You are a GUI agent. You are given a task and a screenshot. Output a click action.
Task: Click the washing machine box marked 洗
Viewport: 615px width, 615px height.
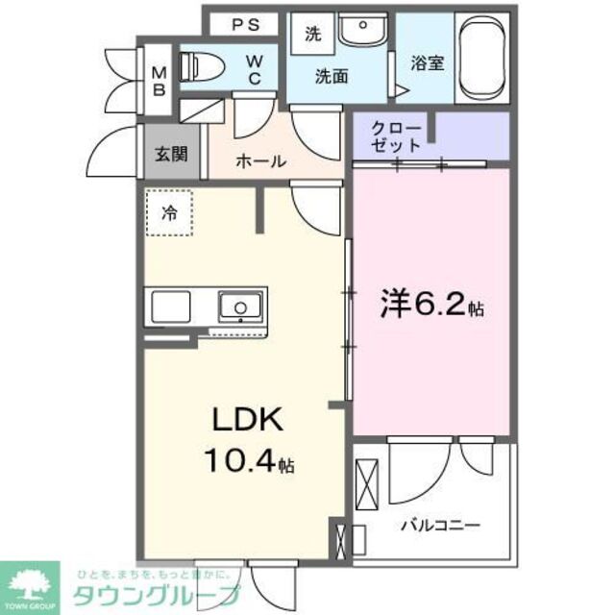coord(313,35)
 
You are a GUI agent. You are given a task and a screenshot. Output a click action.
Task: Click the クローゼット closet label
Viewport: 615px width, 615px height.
coord(395,137)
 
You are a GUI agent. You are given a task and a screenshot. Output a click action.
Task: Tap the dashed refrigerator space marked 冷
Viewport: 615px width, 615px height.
coord(169,213)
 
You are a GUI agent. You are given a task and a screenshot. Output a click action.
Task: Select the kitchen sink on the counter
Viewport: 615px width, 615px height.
coord(239,307)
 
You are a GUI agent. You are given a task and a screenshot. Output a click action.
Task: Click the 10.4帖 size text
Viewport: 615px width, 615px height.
coord(247,463)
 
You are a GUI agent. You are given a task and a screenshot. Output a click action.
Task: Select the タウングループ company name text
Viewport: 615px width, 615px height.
coord(155,594)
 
